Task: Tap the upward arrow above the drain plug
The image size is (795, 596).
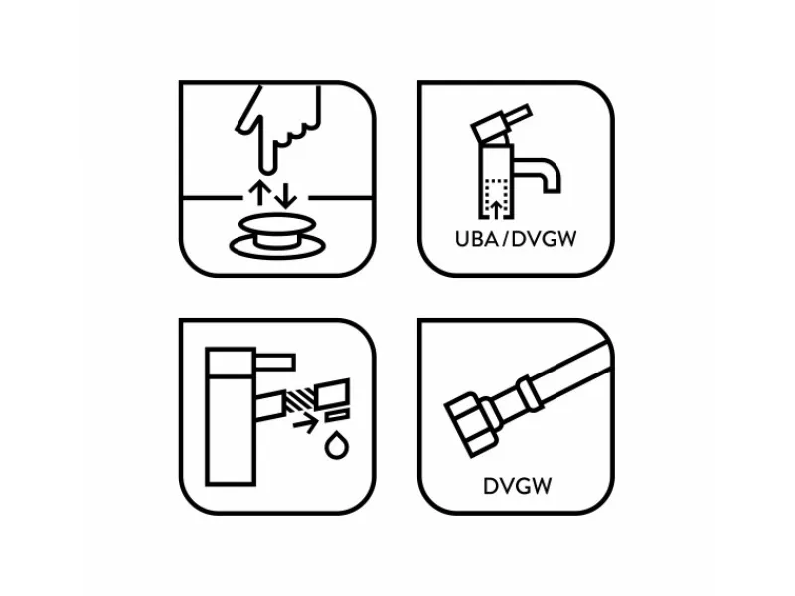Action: click(258, 192)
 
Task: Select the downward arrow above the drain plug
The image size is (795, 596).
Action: click(286, 195)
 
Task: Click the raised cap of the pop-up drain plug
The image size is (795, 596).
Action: click(277, 223)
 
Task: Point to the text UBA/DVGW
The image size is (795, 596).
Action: click(516, 239)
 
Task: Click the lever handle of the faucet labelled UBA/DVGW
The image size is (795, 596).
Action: click(502, 122)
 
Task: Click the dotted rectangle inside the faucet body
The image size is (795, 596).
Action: click(496, 198)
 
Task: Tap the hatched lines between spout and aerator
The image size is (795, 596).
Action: click(299, 400)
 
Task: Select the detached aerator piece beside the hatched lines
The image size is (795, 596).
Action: click(332, 393)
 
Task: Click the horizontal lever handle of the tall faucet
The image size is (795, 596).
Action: click(274, 363)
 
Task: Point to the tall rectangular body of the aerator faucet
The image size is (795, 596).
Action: click(231, 416)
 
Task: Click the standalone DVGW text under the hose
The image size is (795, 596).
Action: click(517, 486)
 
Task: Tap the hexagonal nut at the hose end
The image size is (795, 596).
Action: click(469, 423)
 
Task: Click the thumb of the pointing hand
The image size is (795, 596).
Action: click(249, 112)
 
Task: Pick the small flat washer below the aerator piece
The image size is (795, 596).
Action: click(337, 416)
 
